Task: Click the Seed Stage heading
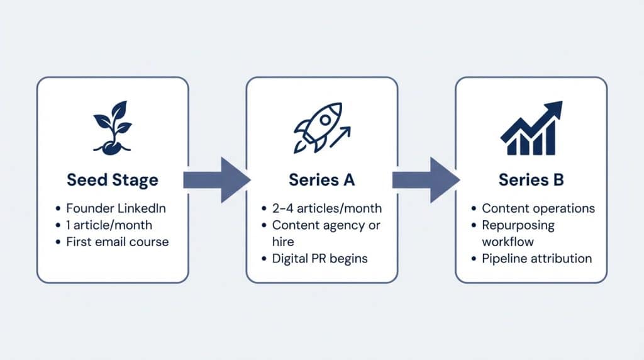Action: coord(113,180)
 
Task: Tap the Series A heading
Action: coord(321,180)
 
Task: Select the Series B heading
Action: coord(531,180)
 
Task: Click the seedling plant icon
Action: coord(113,126)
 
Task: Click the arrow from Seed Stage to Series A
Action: coord(216,180)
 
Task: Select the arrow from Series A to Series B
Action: coord(425,180)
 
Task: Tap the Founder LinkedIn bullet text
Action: coord(116,208)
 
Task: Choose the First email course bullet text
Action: coord(117,241)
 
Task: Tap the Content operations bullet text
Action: coord(538,208)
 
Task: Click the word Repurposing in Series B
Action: coord(518,225)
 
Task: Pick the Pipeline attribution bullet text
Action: coord(536,258)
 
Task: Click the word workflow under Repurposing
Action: coord(507,241)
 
